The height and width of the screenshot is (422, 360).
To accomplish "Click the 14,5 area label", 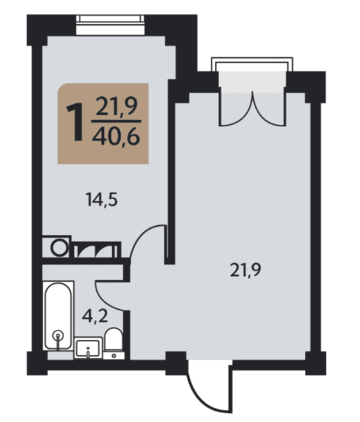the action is click(x=101, y=199).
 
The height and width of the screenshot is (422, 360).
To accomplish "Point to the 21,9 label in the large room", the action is click(x=246, y=270).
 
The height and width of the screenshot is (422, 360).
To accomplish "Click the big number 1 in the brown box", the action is click(x=75, y=123).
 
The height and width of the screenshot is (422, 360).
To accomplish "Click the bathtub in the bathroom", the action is click(x=59, y=316).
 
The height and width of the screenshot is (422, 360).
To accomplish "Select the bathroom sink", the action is click(x=88, y=348).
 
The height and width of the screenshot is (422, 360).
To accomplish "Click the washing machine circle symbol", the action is click(x=59, y=248).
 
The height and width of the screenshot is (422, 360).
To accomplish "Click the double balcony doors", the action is click(x=253, y=109).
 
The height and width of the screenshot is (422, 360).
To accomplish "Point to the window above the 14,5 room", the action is click(x=110, y=25).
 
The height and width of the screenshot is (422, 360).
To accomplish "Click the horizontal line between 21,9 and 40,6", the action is click(x=116, y=121).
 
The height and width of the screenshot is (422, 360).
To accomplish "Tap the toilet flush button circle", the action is click(x=114, y=356).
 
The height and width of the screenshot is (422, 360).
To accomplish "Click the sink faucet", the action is click(x=88, y=352).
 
